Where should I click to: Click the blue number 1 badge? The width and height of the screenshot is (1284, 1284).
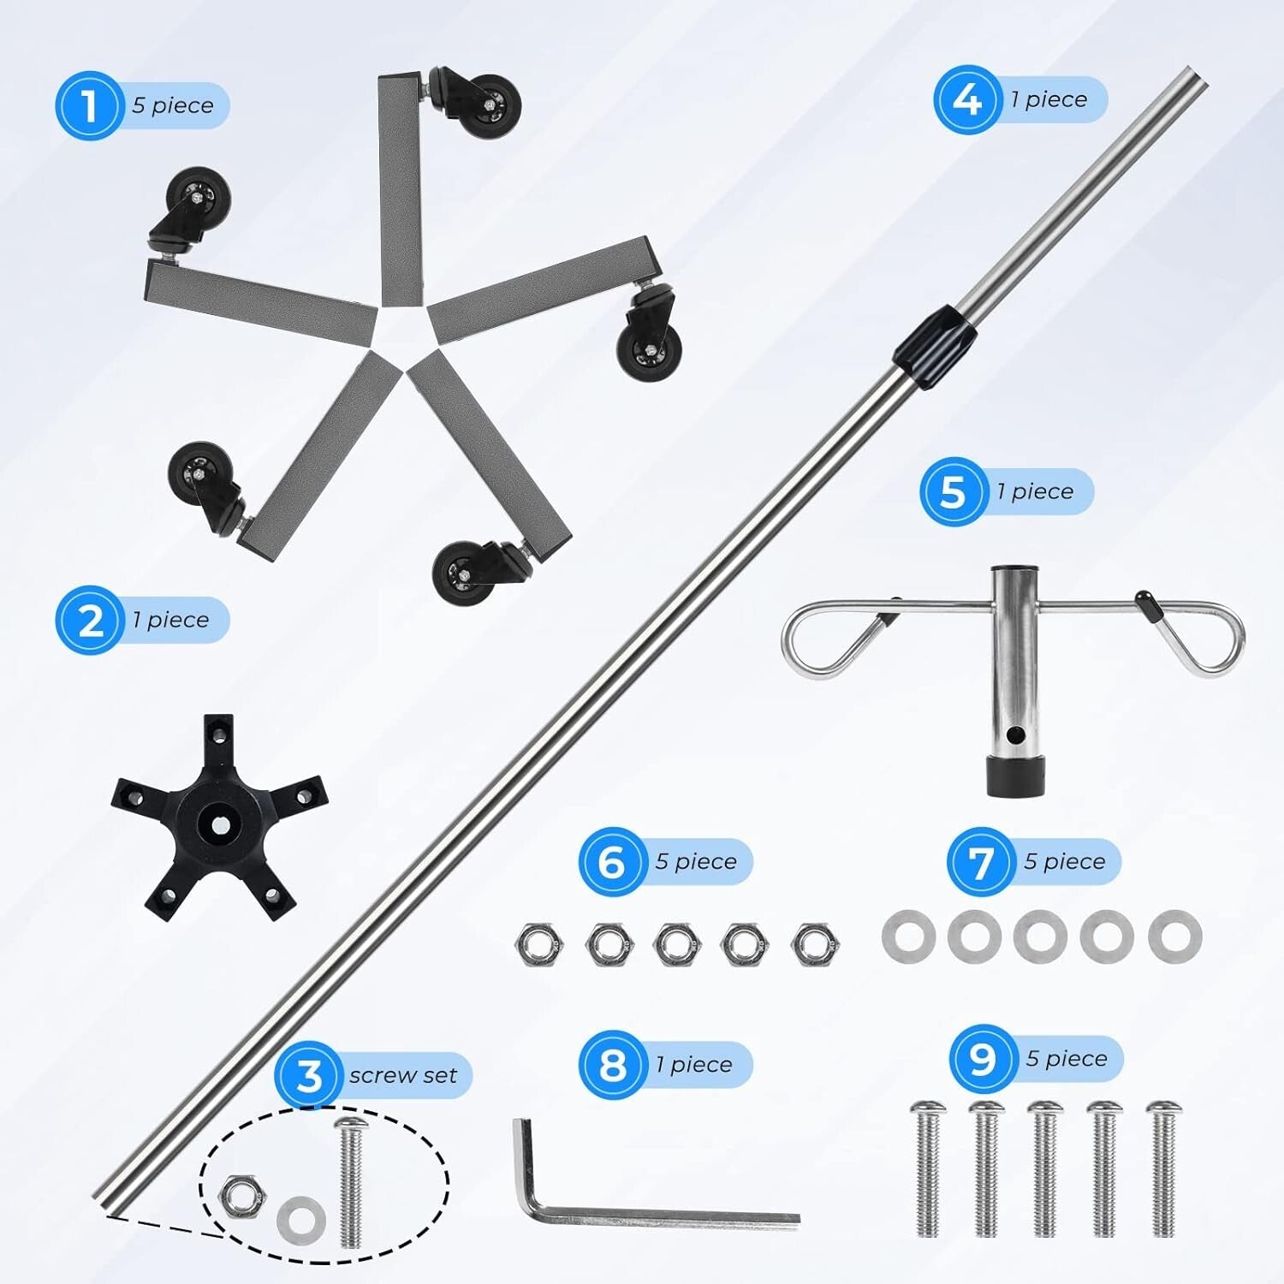point(90,107)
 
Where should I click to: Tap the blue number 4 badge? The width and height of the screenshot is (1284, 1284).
point(967,100)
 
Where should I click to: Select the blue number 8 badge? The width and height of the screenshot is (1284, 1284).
point(612,1066)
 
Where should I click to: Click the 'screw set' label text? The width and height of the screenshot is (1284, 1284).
point(402,1075)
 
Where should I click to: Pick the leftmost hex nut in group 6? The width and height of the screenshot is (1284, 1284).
point(539,943)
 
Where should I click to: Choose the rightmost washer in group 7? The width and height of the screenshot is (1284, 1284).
point(1174,936)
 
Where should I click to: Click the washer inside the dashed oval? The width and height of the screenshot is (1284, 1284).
point(301,1218)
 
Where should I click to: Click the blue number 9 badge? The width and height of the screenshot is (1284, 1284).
point(982,1060)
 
